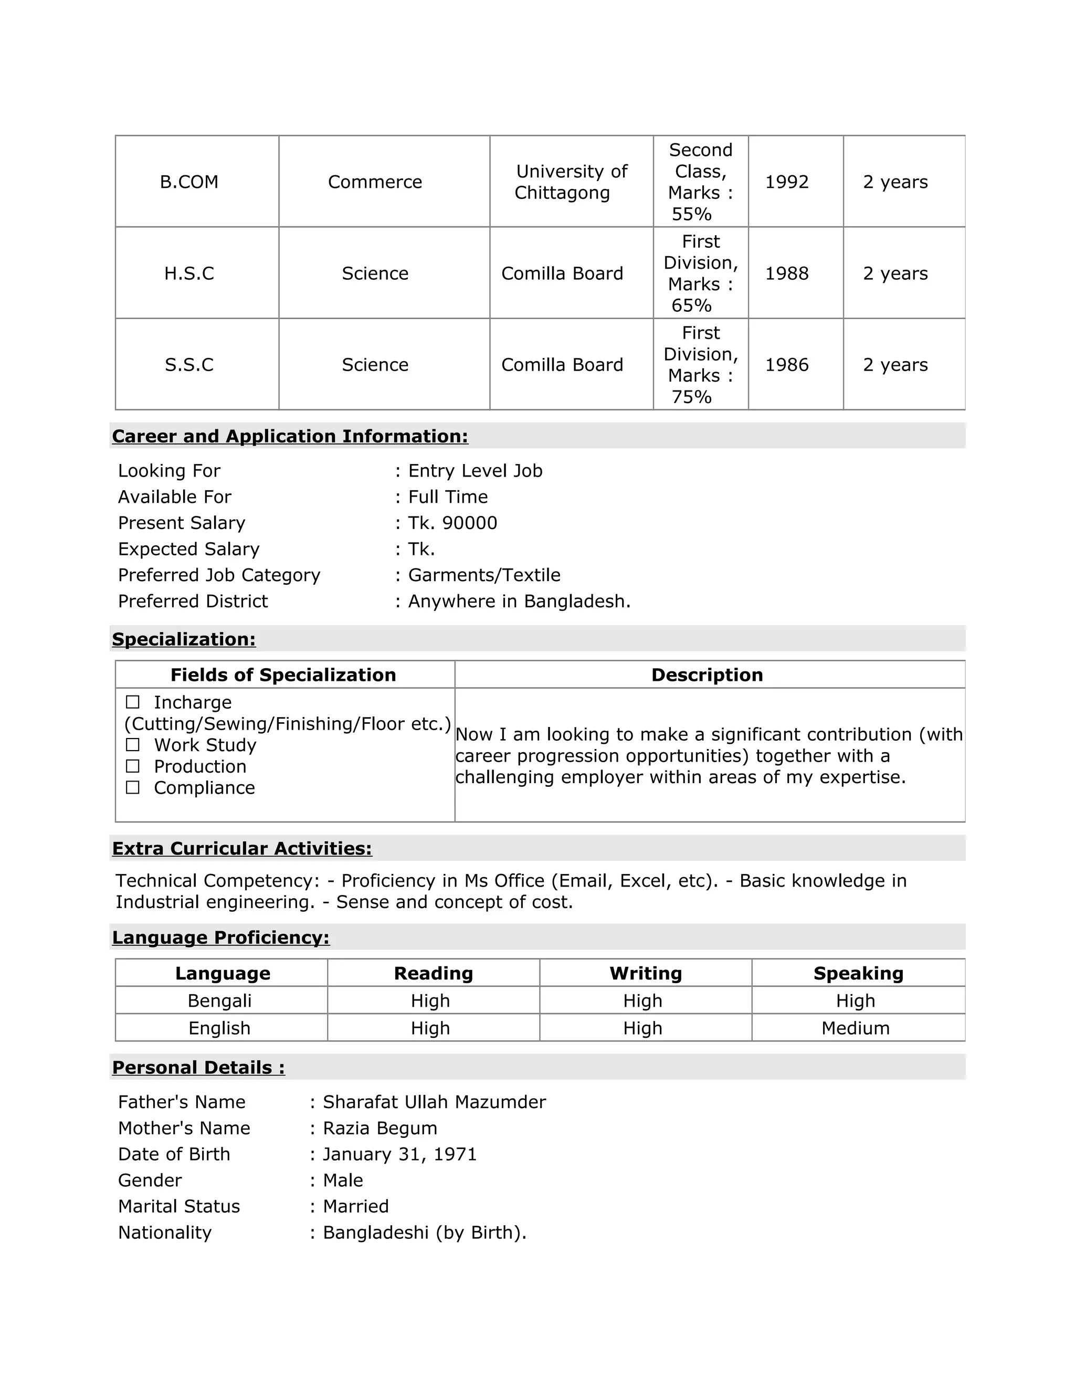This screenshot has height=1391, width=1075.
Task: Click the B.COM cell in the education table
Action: pos(189,182)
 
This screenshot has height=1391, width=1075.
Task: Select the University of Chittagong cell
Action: pos(571,182)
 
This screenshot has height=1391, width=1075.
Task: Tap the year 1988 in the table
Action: pos(786,273)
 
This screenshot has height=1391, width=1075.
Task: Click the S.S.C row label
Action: pos(189,365)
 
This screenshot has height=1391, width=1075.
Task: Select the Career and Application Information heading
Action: pos(290,436)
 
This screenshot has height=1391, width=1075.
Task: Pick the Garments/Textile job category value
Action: pos(484,575)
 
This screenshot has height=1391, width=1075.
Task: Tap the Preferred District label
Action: pos(193,601)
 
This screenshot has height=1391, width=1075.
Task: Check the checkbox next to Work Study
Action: pos(132,744)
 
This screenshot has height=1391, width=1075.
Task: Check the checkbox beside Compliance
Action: pos(132,788)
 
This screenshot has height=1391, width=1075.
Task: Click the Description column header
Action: pos(707,675)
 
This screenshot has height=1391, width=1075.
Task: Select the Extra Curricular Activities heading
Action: pos(242,848)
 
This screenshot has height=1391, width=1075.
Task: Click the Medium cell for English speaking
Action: pos(855,1028)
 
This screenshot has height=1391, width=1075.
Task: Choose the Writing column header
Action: pos(645,973)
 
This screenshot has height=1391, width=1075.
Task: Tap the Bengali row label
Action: pos(220,1000)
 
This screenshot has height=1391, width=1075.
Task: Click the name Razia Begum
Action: pos(380,1128)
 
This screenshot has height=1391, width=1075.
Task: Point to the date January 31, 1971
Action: pos(399,1154)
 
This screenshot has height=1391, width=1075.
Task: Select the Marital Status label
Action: pos(179,1206)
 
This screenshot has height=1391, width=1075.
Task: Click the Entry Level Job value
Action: pos(475,471)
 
